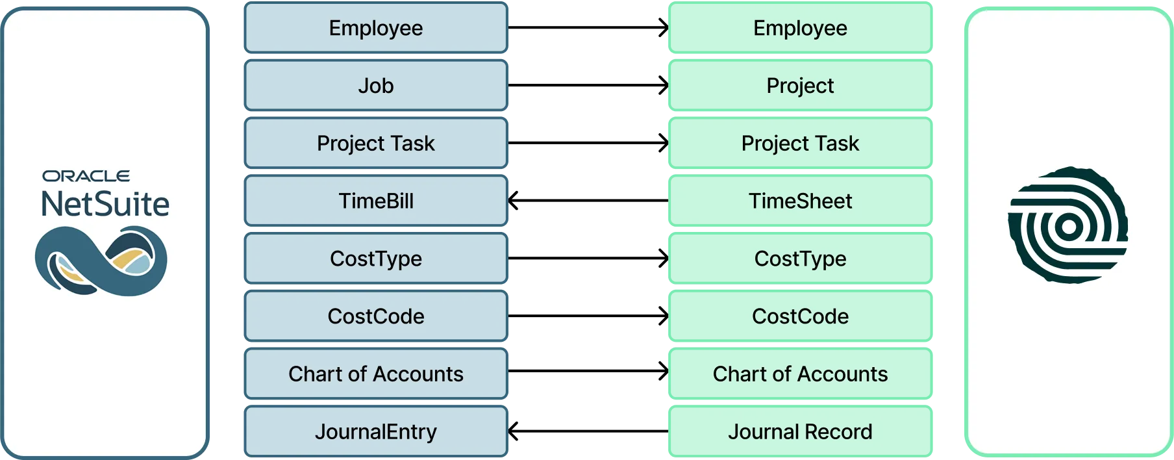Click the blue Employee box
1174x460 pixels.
tap(376, 28)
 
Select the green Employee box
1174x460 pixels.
tap(800, 28)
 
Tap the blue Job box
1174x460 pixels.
tap(376, 86)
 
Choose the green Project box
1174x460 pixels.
tap(800, 86)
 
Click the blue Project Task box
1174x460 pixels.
tap(376, 143)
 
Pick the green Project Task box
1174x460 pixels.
tap(800, 143)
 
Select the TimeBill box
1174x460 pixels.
tap(376, 201)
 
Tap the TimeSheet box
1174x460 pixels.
tap(800, 201)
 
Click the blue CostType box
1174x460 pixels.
tap(376, 259)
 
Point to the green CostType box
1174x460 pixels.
tap(800, 259)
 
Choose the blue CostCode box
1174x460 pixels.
tap(376, 316)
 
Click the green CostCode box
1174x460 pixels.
tap(800, 316)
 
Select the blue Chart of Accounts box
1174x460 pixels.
tap(376, 374)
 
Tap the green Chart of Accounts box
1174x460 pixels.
tap(800, 374)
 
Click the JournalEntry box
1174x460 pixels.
tap(376, 431)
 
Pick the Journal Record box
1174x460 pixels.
tap(800, 431)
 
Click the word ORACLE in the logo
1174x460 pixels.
tap(86, 176)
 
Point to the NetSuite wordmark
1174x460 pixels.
tap(105, 204)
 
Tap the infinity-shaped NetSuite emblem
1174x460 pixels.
tap(101, 261)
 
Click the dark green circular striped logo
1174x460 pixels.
tap(1068, 225)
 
